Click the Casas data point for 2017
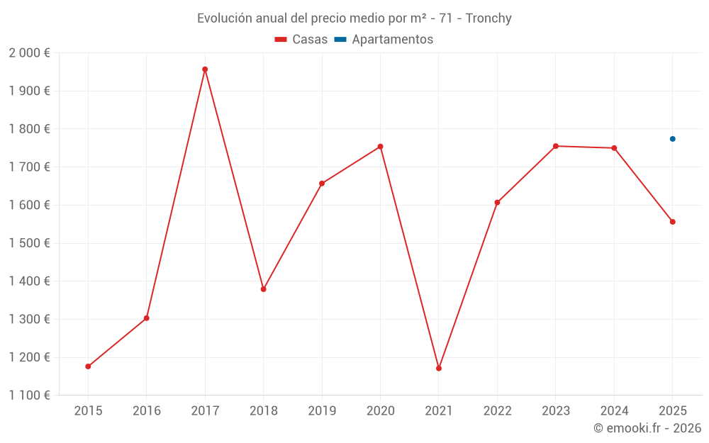(x=205, y=69)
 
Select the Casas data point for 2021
(x=439, y=369)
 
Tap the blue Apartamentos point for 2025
(x=673, y=139)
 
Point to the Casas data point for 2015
(x=88, y=366)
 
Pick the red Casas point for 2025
(x=673, y=222)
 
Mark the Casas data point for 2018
(x=263, y=289)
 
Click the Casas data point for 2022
(x=497, y=203)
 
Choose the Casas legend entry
(x=301, y=40)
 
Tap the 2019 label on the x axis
(x=322, y=411)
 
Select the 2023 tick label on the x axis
(x=556, y=411)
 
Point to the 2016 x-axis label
(x=146, y=411)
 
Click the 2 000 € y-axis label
(x=29, y=53)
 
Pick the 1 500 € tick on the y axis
(x=29, y=243)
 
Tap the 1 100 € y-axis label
(x=29, y=396)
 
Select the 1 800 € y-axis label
(x=29, y=129)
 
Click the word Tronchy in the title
(x=489, y=18)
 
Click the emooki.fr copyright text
(x=647, y=428)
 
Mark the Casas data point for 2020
(x=380, y=147)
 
